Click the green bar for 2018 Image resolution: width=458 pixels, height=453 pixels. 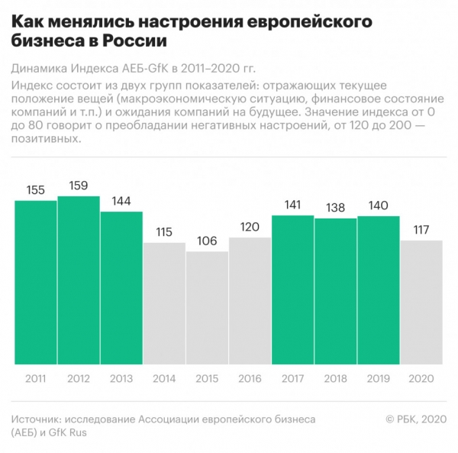pos(335,291)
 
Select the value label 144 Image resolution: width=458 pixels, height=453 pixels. pos(121,202)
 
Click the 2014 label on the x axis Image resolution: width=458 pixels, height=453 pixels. pos(164,378)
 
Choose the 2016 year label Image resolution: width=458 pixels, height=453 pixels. pos(250,378)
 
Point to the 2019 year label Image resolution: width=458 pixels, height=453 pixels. pos(379,378)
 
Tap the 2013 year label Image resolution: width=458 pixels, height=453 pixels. pos(121,378)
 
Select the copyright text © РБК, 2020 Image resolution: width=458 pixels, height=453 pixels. pos(414,419)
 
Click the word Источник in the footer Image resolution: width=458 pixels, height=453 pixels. pos(36,419)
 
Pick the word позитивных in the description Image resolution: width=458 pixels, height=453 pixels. pos(47,139)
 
